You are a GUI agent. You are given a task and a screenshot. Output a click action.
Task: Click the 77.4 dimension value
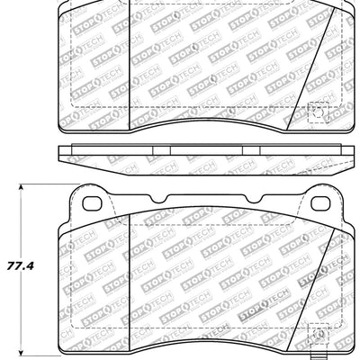(20, 267)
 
